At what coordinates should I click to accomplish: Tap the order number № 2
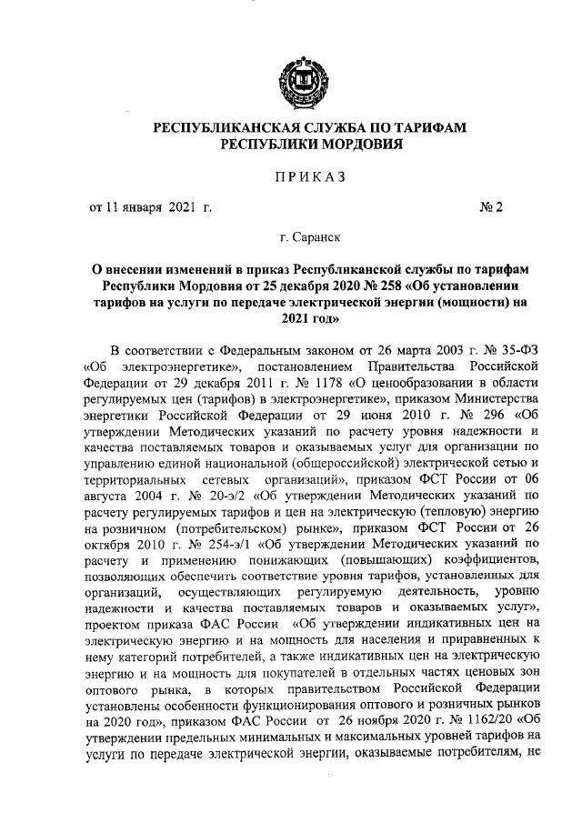pyautogui.click(x=491, y=207)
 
